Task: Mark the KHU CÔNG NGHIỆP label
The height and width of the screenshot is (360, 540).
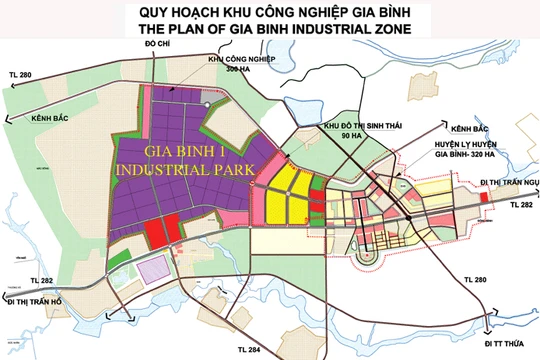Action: pos(241,61)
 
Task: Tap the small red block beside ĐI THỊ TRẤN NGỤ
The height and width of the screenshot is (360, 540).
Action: pos(485,198)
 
